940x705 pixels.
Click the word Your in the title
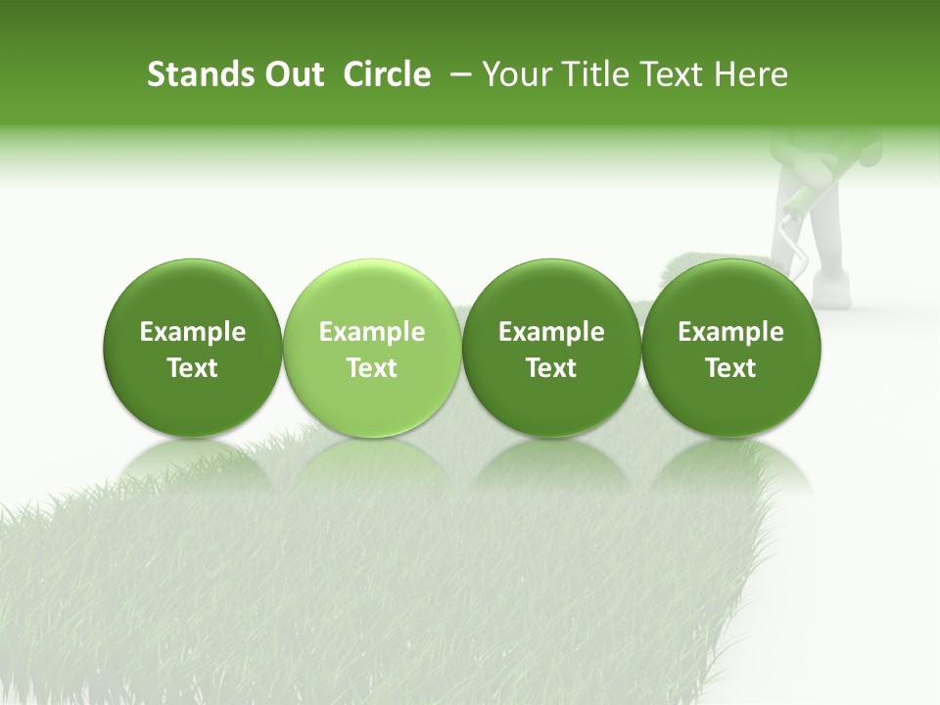pyautogui.click(x=515, y=75)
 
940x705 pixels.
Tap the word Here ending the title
pyautogui.click(x=750, y=75)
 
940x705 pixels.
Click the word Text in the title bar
pyautogui.click(x=671, y=75)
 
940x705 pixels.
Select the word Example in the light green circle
pyautogui.click(x=372, y=332)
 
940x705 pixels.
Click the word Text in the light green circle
pyautogui.click(x=372, y=368)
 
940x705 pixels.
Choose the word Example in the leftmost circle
pyautogui.click(x=193, y=332)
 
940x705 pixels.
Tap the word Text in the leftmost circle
pyautogui.click(x=193, y=368)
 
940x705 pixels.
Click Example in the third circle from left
pyautogui.click(x=551, y=332)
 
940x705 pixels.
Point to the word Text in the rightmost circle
pyautogui.click(x=730, y=368)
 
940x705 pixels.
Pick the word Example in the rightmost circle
pyautogui.click(x=730, y=332)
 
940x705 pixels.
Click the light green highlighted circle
pyautogui.click(x=372, y=294)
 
